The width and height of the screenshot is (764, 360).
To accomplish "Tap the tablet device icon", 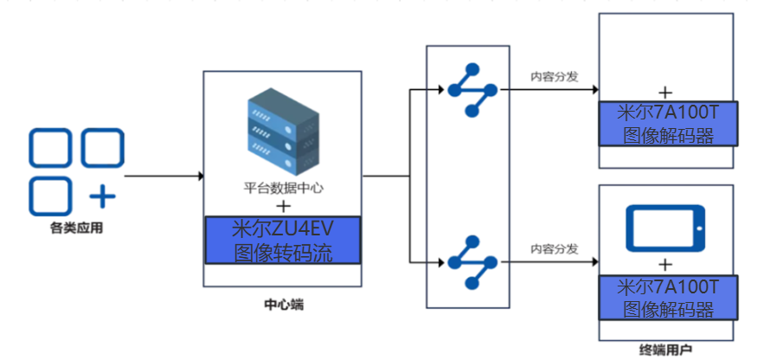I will (x=666, y=228).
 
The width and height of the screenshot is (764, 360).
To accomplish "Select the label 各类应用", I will (x=76, y=229).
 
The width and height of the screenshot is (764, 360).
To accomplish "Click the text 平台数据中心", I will (x=283, y=188).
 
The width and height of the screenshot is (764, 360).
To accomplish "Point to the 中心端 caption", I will (x=283, y=305).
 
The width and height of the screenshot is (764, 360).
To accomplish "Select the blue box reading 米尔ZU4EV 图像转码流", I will (x=284, y=241).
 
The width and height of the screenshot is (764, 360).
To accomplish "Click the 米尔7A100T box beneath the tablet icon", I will (x=666, y=298).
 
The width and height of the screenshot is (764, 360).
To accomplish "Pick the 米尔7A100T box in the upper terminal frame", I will (x=666, y=124).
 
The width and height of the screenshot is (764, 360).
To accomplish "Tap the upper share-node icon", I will (x=472, y=90).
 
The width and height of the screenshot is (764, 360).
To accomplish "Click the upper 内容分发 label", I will (x=555, y=75).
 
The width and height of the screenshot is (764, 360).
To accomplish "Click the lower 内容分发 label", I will (x=555, y=248).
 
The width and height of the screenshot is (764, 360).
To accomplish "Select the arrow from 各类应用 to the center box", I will (x=164, y=177).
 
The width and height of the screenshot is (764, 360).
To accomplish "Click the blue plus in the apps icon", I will (x=102, y=196).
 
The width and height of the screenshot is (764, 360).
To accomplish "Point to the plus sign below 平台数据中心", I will (x=283, y=206).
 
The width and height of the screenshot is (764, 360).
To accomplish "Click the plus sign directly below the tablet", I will (x=665, y=263).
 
